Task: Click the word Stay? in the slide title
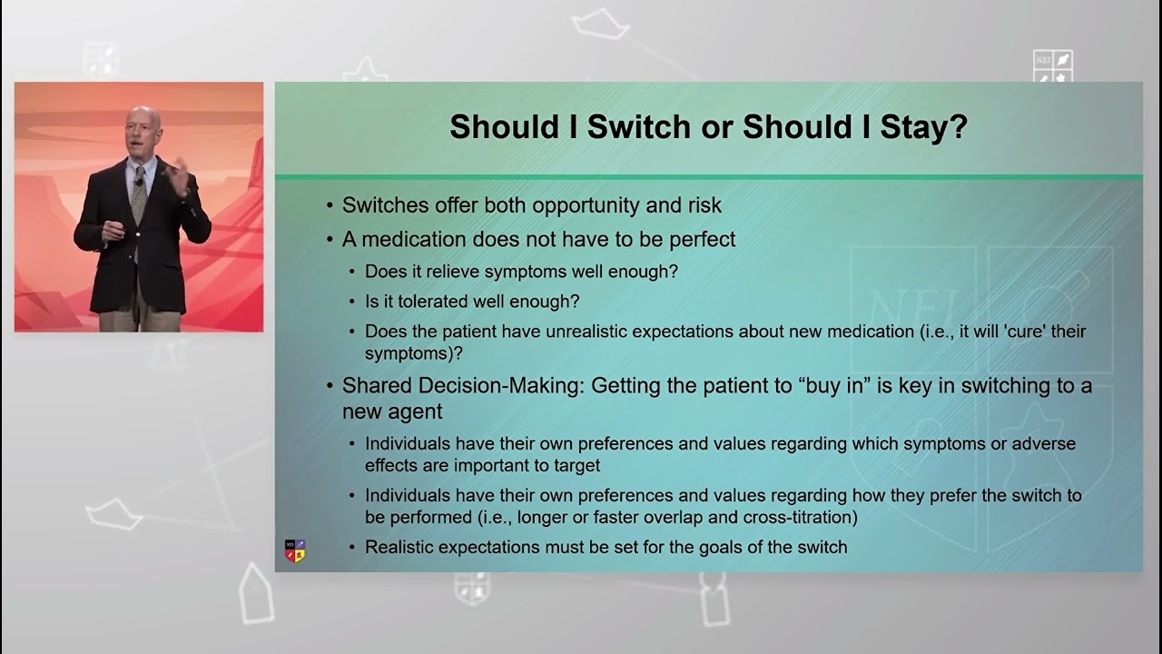(x=923, y=126)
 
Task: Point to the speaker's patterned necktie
(x=138, y=194)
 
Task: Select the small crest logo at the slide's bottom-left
(x=295, y=550)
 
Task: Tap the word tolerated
(x=428, y=301)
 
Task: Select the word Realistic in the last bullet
(x=400, y=547)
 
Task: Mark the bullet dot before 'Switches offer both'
(x=330, y=206)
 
